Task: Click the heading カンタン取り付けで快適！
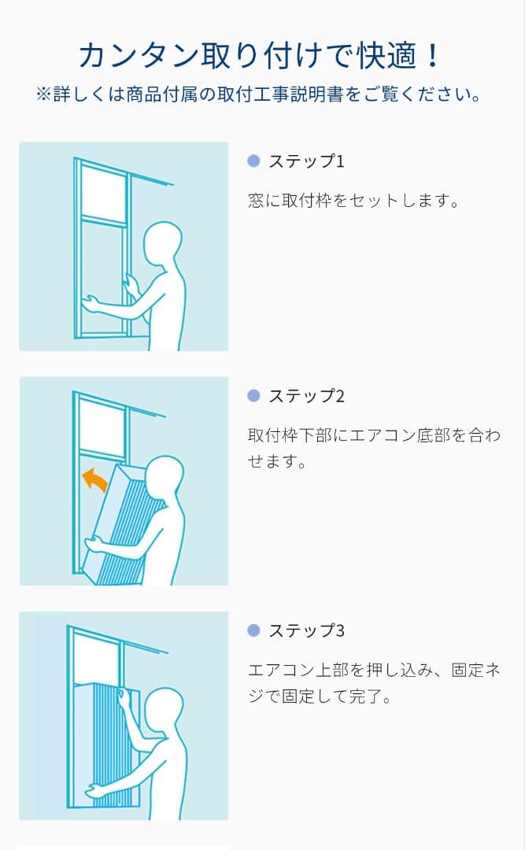[x=259, y=55]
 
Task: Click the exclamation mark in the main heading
[x=432, y=55]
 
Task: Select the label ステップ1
[x=306, y=161]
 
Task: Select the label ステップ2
[x=306, y=396]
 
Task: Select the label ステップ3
[x=306, y=630]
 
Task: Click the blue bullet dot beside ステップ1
[x=253, y=161]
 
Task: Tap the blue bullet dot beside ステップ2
[x=253, y=396]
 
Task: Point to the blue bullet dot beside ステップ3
[x=253, y=630]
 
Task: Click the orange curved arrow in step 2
[x=94, y=479]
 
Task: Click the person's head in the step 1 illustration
[x=162, y=244]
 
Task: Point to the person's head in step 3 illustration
[x=165, y=711]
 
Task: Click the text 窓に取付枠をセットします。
[x=353, y=201]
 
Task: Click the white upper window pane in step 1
[x=103, y=194]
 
